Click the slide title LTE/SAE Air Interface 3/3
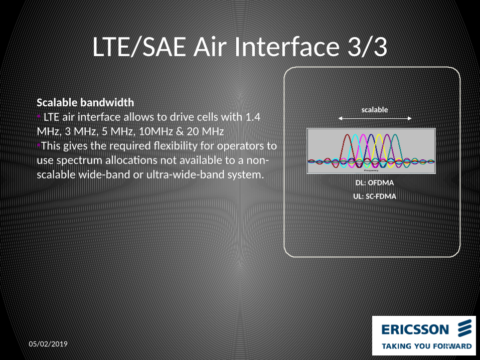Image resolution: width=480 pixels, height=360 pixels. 240,48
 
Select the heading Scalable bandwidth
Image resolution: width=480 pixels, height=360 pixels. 85,102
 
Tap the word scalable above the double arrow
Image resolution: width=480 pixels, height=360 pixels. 375,109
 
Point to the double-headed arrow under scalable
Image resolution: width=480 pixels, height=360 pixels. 375,118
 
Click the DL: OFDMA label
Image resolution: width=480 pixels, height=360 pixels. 375,183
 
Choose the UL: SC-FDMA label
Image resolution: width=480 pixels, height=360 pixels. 375,196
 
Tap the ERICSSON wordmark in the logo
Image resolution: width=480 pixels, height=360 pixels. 415,329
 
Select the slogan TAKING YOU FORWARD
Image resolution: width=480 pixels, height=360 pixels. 426,346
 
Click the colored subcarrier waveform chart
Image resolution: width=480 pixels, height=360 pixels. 371,151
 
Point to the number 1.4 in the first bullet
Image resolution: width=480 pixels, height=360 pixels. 252,117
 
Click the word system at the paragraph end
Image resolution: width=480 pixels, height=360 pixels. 246,175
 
